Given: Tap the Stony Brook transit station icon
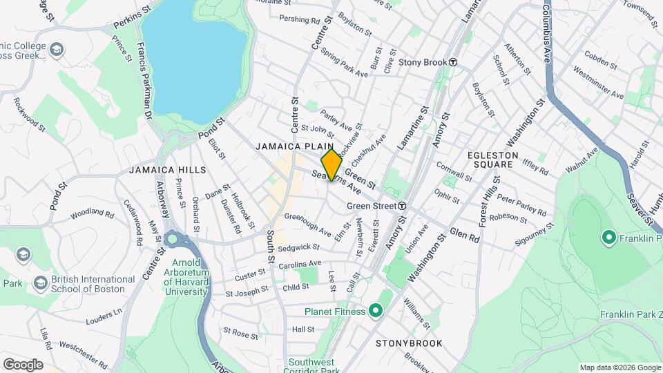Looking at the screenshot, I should coord(453,62).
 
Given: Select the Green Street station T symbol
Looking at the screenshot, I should coord(401,206).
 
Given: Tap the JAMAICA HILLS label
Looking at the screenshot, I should coord(167,170).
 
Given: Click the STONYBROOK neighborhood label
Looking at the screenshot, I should coord(405,343).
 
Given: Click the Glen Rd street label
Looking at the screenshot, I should coord(464,235).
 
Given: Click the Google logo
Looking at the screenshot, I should coord(23,365).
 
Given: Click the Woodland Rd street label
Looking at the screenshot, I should coord(91,213).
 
